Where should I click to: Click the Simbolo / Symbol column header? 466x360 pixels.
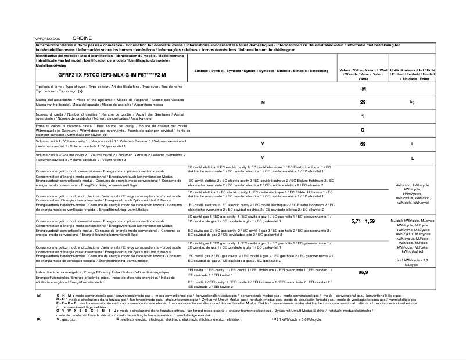261,70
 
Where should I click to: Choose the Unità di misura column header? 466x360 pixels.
412,74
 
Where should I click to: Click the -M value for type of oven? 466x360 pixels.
363,88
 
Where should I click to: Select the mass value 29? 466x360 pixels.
363,102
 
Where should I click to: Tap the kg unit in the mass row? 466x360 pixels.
412,102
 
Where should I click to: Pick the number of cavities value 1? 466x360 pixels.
363,116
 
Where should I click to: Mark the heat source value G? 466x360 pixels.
363,130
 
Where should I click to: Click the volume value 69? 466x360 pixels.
363,143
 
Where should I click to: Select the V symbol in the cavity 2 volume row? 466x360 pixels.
263,157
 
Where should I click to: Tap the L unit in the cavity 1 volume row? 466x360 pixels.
412,143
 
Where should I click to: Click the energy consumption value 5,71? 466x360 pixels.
357,222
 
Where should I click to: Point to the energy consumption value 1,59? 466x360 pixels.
370,222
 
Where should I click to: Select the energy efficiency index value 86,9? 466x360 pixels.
363,272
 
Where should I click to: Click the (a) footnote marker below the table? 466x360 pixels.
39,296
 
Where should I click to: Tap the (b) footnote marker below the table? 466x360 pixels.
39,319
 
